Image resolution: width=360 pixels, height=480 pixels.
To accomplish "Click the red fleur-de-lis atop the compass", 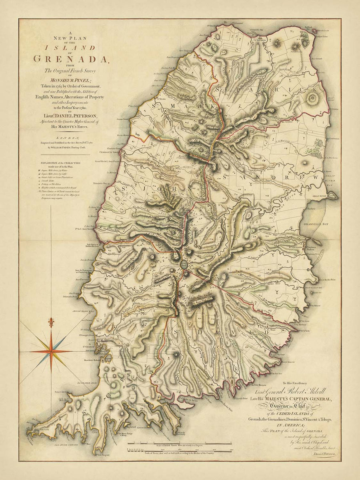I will (50, 322).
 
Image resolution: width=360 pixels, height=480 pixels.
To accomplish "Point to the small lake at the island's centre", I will (183, 264).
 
